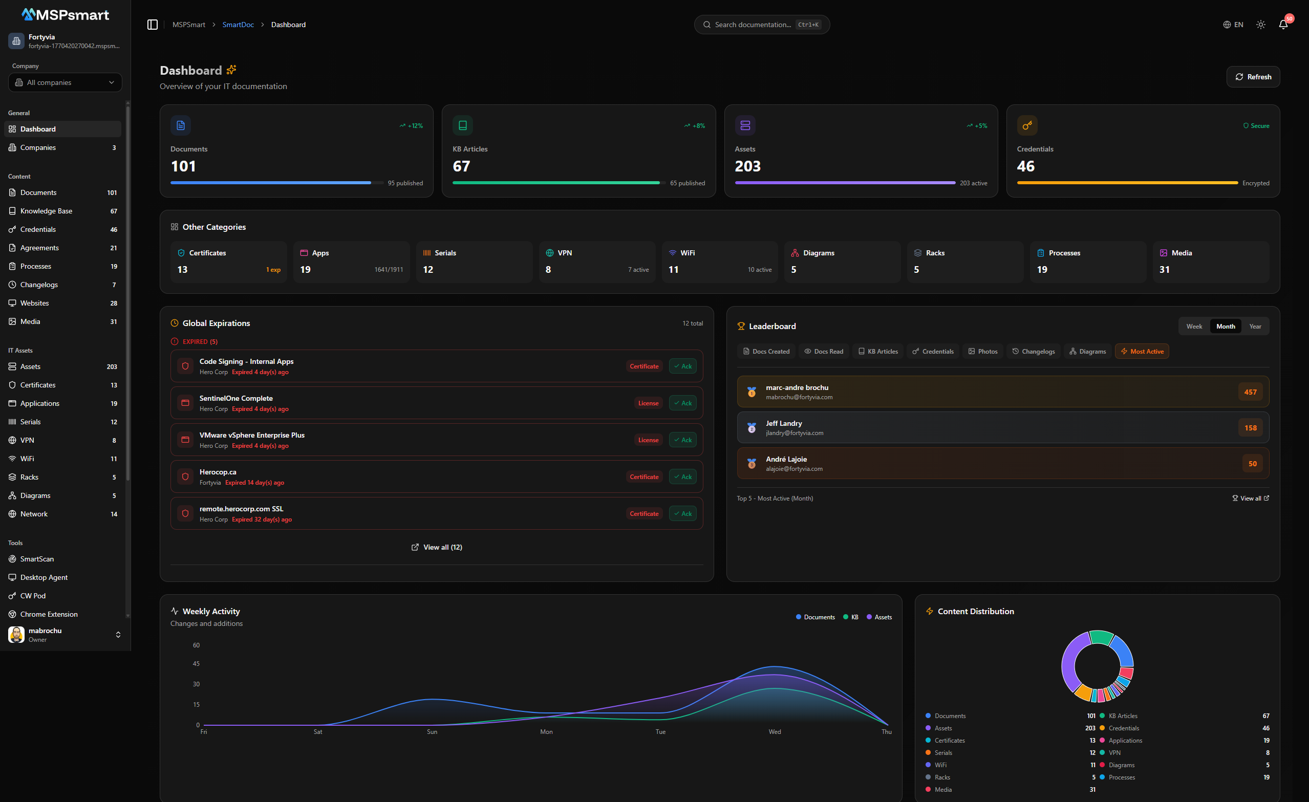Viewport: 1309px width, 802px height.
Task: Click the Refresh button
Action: click(1253, 77)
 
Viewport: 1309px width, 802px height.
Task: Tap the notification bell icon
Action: click(1283, 25)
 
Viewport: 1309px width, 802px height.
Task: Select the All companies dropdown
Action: click(65, 82)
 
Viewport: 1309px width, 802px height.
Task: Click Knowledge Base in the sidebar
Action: click(46, 211)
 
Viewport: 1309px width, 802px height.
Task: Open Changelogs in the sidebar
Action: click(39, 285)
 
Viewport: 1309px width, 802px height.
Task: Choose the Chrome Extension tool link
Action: click(49, 614)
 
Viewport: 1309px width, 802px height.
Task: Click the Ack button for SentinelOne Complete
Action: click(683, 403)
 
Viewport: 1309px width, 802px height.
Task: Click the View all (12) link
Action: click(437, 547)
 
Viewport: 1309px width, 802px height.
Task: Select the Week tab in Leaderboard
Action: click(1194, 326)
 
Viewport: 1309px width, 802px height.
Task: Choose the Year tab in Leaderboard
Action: click(1255, 326)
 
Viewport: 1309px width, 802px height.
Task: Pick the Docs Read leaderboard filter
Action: click(824, 351)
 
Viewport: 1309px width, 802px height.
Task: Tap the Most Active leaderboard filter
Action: click(1142, 351)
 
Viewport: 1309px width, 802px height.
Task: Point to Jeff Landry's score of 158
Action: click(1250, 427)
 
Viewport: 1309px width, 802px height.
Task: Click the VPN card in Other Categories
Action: click(596, 262)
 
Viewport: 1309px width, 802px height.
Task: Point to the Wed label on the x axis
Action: click(775, 731)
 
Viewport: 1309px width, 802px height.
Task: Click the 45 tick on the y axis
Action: click(196, 663)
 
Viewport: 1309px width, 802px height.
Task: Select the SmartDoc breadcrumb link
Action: click(238, 25)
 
